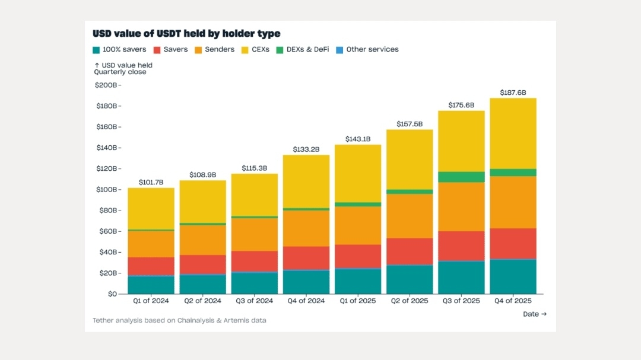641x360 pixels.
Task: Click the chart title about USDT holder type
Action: pyautogui.click(x=186, y=34)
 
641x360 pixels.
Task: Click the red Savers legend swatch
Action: pyautogui.click(x=157, y=50)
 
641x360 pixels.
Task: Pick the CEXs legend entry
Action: pyautogui.click(x=256, y=50)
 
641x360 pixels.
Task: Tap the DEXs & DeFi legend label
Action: pyautogui.click(x=307, y=50)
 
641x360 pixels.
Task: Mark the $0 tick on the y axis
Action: pyautogui.click(x=111, y=294)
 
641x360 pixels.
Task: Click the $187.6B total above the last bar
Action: pyautogui.click(x=513, y=93)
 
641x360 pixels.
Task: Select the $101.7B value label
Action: pyautogui.click(x=151, y=183)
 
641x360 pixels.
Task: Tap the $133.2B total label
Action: pyautogui.click(x=306, y=149)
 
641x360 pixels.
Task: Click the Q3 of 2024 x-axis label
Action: pyautogui.click(x=254, y=301)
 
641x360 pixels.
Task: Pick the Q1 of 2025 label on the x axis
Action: pyautogui.click(x=357, y=301)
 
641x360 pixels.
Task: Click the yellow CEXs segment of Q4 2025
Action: pyautogui.click(x=513, y=133)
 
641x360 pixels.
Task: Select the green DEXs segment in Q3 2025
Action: pyautogui.click(x=461, y=177)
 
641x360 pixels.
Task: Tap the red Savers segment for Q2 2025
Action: pyautogui.click(x=410, y=251)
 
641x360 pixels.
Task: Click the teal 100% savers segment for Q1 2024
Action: pyautogui.click(x=151, y=285)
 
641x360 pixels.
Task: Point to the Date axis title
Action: pyautogui.click(x=534, y=314)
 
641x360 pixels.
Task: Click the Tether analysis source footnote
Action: pyautogui.click(x=179, y=320)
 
